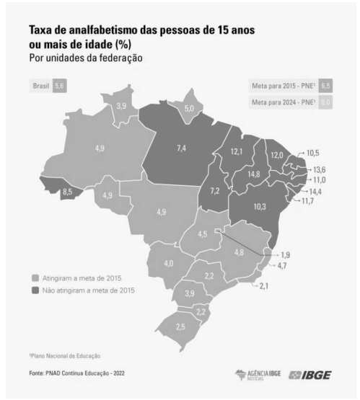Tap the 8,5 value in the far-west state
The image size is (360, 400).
66,192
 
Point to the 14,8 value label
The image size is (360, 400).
253,174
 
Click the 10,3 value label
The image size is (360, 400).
259,206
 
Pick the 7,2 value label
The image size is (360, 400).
214,191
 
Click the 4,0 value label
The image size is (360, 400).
168,264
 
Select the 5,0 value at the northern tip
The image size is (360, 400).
189,107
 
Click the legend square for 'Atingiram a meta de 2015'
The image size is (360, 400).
35,276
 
